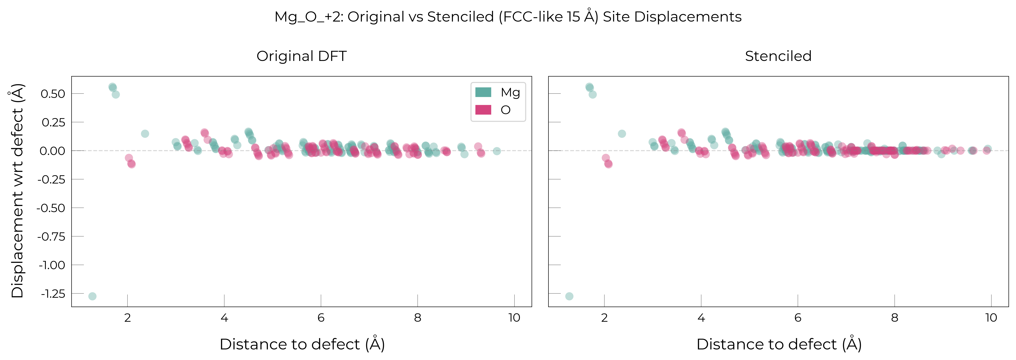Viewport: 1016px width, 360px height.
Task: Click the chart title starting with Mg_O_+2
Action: click(508, 17)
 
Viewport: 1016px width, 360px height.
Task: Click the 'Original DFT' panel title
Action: click(302, 56)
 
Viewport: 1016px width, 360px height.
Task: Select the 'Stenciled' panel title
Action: click(778, 56)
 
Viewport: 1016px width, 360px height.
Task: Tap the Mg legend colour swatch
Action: click(483, 92)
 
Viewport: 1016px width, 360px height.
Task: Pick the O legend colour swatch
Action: click(483, 110)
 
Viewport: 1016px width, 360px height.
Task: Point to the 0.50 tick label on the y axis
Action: click(53, 94)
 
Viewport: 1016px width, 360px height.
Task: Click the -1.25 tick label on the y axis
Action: click(53, 294)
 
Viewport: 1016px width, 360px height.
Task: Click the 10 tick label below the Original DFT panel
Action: click(514, 318)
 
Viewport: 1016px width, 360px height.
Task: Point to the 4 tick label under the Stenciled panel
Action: click(701, 318)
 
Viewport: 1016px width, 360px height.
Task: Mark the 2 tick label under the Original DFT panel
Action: click(127, 318)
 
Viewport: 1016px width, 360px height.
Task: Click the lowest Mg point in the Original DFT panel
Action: click(92, 296)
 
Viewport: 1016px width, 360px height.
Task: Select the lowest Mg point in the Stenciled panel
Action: click(569, 296)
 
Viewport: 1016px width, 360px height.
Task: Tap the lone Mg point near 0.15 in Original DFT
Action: click(145, 134)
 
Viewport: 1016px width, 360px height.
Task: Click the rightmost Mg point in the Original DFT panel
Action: click(497, 151)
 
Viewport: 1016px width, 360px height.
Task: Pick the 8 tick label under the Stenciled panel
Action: click(895, 318)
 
